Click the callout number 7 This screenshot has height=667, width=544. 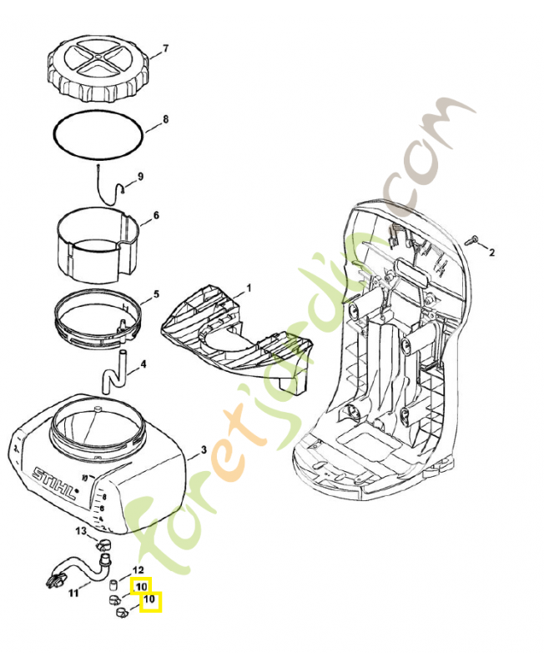(x=165, y=48)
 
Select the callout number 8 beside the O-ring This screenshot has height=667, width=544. (x=165, y=119)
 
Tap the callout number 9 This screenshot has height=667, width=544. (x=140, y=176)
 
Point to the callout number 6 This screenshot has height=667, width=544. (x=156, y=215)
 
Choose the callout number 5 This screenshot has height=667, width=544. (x=156, y=294)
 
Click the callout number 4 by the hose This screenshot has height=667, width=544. (x=144, y=364)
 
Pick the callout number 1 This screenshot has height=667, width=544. (x=249, y=288)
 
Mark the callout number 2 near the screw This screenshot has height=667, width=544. (x=491, y=253)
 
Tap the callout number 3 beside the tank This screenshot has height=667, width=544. (x=204, y=449)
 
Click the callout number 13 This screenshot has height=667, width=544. (x=81, y=531)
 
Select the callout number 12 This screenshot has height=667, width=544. (x=139, y=569)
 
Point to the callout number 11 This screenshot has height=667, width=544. (x=73, y=593)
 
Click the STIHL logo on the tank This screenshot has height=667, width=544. (x=55, y=485)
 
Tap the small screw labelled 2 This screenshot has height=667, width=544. (x=471, y=240)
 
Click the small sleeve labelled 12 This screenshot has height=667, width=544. (x=113, y=585)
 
